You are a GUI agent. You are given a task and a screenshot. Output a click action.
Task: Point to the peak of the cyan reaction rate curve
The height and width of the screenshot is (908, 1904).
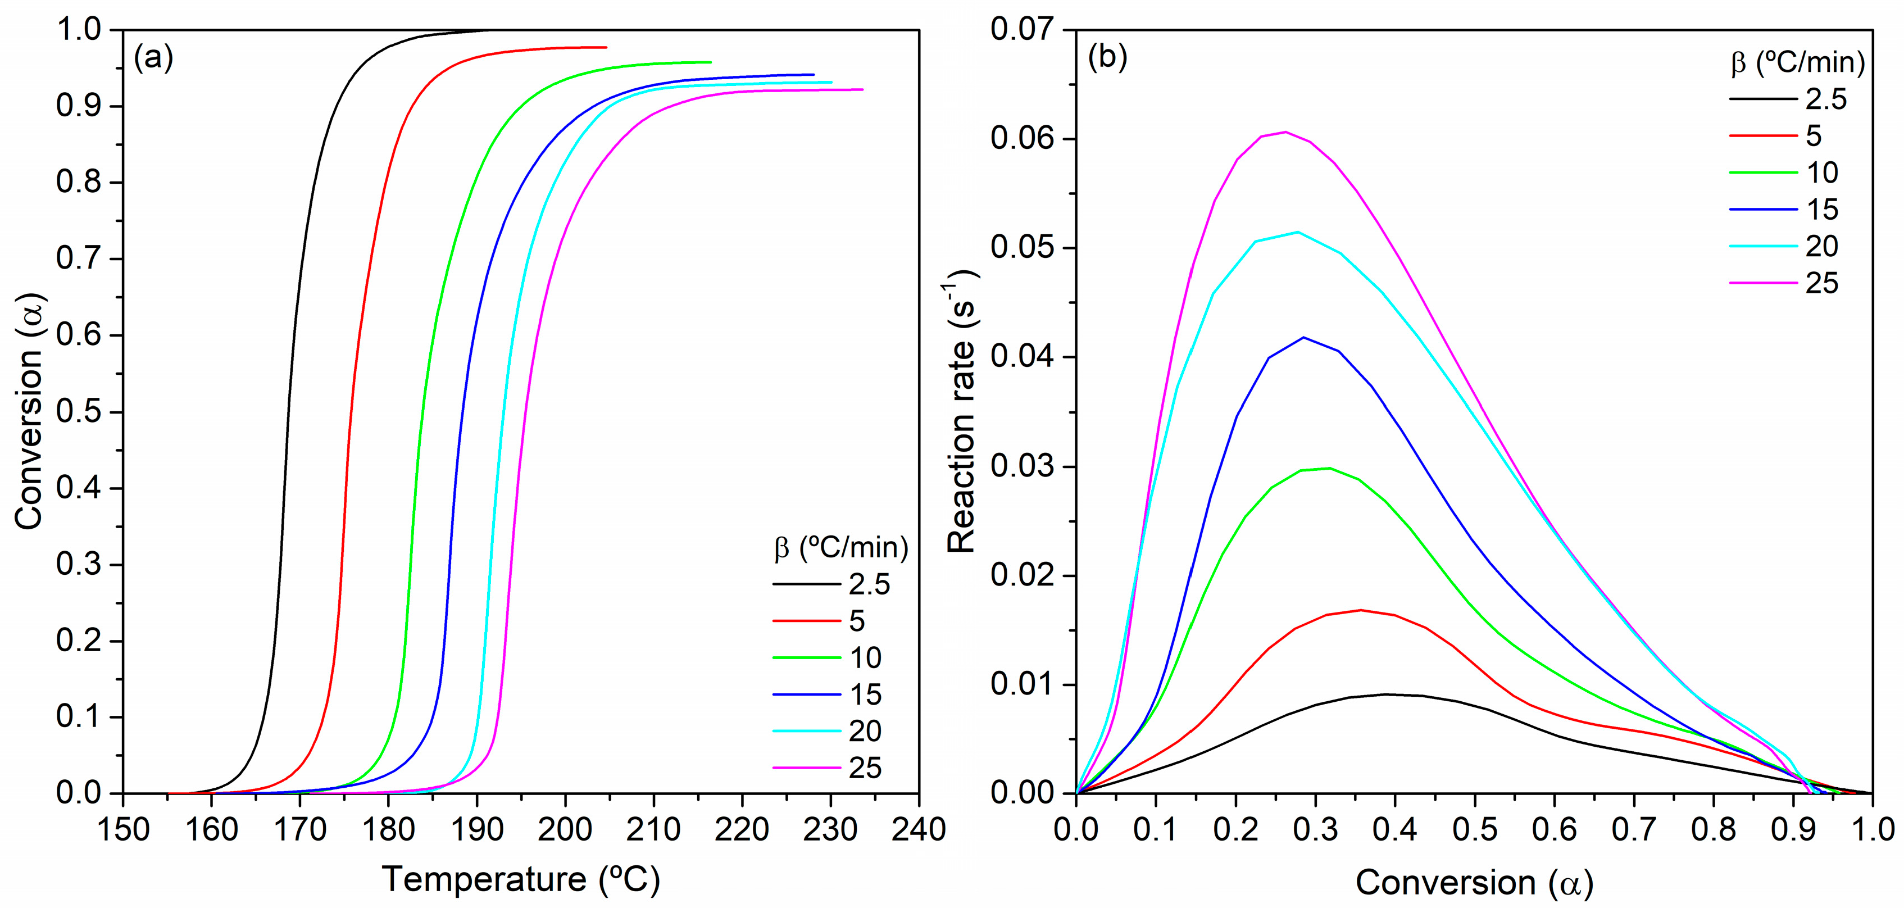point(1298,232)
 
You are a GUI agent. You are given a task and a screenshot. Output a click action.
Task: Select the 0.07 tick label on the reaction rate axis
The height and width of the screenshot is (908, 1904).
point(1023,30)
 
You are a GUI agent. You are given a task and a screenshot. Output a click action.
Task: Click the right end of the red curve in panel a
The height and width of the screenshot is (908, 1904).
point(606,47)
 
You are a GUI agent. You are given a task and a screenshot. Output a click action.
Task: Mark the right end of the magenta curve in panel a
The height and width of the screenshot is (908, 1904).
point(862,89)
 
